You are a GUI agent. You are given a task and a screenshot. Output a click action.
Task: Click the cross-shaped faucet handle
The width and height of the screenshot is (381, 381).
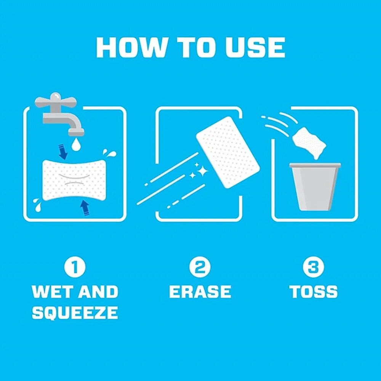[56, 100]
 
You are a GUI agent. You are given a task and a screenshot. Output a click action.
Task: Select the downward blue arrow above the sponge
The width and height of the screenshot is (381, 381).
[62, 152]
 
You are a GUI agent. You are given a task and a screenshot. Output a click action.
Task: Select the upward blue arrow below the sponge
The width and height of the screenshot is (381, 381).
[85, 208]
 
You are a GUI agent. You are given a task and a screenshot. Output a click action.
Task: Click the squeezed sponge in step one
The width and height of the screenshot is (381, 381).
[74, 180]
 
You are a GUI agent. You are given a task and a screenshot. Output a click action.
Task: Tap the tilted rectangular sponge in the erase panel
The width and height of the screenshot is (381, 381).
[228, 152]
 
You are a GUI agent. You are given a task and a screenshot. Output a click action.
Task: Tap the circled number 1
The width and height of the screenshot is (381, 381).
[75, 267]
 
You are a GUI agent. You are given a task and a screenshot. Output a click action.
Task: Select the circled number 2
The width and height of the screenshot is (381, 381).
[200, 267]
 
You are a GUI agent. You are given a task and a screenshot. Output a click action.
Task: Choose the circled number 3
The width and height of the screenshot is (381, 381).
[313, 267]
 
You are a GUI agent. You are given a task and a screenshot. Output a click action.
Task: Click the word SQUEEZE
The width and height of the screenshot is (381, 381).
[75, 312]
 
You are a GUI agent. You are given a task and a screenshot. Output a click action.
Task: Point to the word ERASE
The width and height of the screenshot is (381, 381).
[200, 291]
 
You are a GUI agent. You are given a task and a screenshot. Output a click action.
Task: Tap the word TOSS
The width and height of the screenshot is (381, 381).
[314, 291]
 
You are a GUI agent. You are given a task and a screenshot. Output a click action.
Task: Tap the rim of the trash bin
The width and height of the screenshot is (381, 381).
[315, 165]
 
